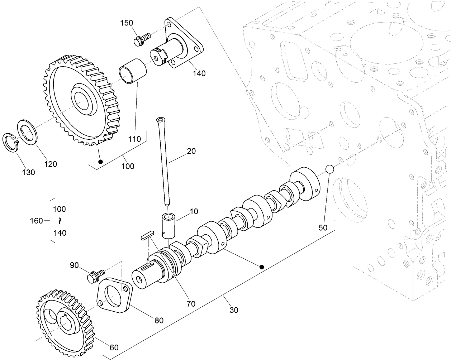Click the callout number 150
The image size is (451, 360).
[126, 23]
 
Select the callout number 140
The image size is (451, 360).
[199, 73]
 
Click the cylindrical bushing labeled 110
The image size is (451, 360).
[133, 72]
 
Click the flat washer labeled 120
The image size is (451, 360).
[27, 132]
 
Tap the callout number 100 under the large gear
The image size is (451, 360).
[128, 166]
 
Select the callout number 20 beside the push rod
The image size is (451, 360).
[191, 151]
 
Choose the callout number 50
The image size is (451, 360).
[323, 227]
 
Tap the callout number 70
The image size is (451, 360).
[191, 304]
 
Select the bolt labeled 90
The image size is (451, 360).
[95, 276]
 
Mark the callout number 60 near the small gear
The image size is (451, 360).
[114, 347]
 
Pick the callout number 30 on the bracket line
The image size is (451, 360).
[233, 310]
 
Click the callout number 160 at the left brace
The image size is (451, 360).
[36, 221]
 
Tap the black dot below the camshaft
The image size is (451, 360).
[262, 267]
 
